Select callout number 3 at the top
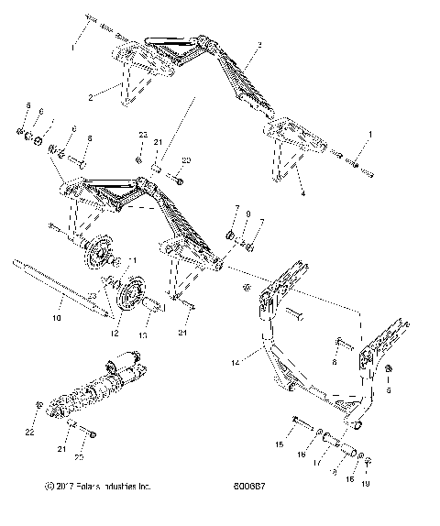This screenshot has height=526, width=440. pos(260,45)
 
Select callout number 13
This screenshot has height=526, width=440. pos(141,336)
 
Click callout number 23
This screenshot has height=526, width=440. pos(141,135)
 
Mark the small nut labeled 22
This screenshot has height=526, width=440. pos(38,403)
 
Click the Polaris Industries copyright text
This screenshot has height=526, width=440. pos(92,512)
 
